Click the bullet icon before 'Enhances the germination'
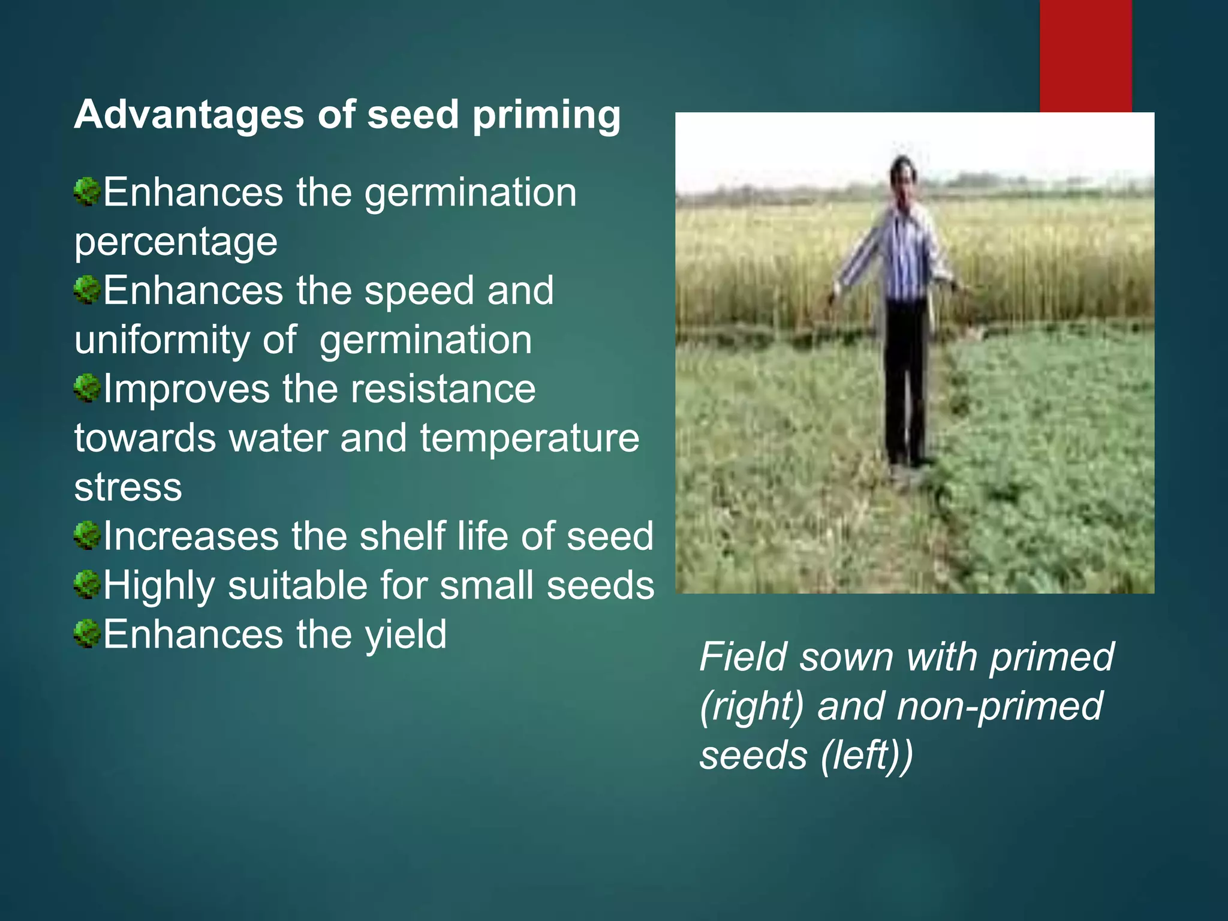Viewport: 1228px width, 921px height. [x=87, y=192]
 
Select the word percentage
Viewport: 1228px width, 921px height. [x=176, y=243]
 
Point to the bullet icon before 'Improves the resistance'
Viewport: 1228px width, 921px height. [x=87, y=388]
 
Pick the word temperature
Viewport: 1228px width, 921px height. [x=529, y=439]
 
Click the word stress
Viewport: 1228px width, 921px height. [x=128, y=487]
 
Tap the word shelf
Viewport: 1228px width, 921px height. [x=402, y=535]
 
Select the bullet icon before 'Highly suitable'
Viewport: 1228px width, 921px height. [x=87, y=585]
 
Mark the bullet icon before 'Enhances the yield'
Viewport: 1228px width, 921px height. [x=87, y=634]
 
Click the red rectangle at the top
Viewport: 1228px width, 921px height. [x=1085, y=54]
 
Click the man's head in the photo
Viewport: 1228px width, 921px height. [x=903, y=174]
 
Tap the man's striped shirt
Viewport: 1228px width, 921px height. [x=905, y=252]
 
